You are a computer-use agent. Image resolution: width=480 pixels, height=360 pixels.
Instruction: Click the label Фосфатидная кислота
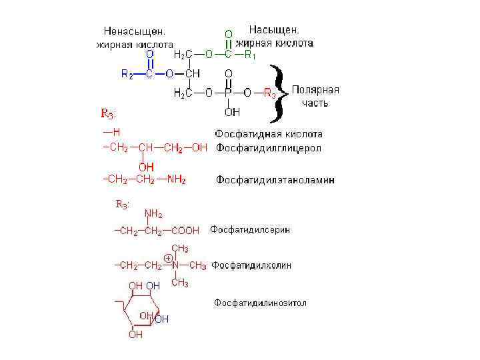pos(268,134)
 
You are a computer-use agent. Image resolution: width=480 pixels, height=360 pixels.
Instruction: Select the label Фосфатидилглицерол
pos(268,148)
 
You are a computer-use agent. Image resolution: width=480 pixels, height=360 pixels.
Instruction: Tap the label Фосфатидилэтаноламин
pos(275,180)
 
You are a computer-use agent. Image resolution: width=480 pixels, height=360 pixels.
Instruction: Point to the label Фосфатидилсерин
pos(250,230)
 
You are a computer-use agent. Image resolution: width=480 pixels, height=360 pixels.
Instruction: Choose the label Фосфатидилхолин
pos(251,265)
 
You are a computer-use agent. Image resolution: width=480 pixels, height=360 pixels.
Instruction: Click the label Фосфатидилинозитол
pos(260,303)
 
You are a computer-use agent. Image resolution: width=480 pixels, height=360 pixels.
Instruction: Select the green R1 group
pos(250,56)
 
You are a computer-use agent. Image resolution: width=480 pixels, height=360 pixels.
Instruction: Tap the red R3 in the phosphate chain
pos(269,94)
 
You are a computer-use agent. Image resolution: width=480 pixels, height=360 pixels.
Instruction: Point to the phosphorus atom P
pos(228,93)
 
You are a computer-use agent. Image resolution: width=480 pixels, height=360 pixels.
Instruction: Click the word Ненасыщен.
pos(134,31)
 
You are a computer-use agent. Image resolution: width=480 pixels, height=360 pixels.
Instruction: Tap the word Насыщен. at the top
pos(274,29)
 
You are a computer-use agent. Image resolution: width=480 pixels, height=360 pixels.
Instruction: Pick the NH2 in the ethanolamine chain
pos(176,180)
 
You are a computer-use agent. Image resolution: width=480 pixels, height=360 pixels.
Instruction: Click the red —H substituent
pos(111,133)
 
